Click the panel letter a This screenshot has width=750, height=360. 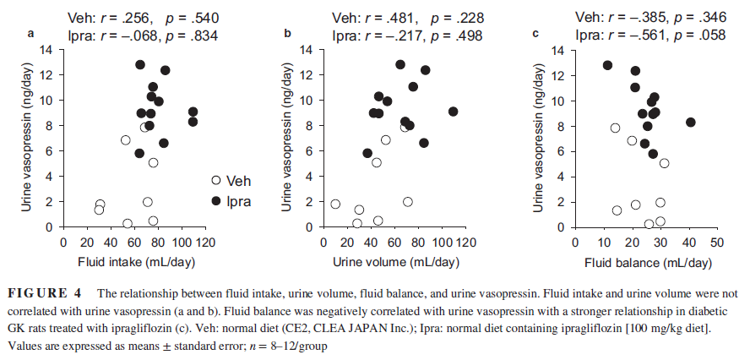click(x=32, y=34)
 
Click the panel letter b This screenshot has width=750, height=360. click(x=287, y=34)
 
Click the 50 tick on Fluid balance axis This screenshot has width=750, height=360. click(x=717, y=243)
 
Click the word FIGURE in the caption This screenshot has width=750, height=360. click(x=35, y=294)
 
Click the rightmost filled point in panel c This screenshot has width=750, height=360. click(x=690, y=123)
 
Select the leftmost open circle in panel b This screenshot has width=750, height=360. click(x=335, y=205)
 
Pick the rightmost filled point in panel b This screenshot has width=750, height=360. click(x=454, y=112)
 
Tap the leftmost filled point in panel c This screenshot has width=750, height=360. click(x=607, y=65)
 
